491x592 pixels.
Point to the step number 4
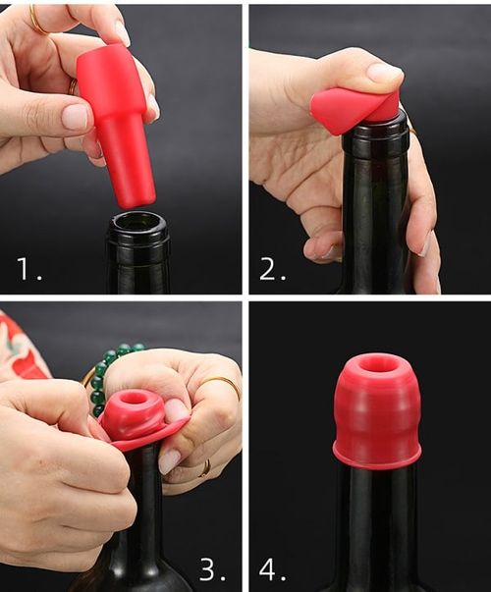tap(271, 568)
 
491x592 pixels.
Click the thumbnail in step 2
tap(384, 72)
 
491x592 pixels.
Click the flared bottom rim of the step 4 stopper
tap(377, 457)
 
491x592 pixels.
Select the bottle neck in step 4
tap(377, 520)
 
